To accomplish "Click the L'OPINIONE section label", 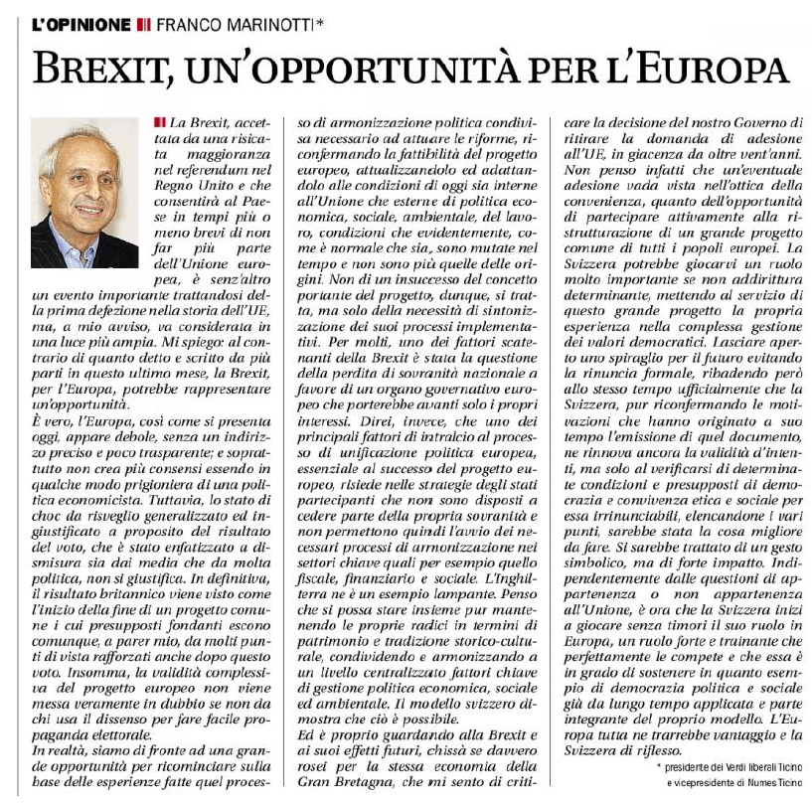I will tap(81, 23).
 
